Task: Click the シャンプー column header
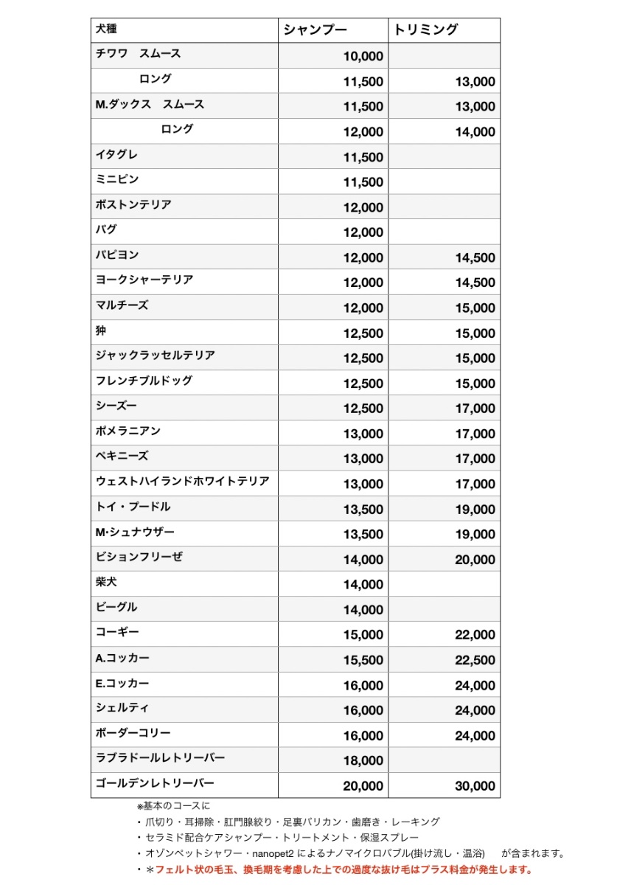click(x=315, y=30)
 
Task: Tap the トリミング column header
click(x=426, y=30)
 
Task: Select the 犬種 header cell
click(x=106, y=29)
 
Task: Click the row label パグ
click(x=106, y=229)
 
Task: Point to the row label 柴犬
click(x=106, y=582)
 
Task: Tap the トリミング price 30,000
click(x=475, y=786)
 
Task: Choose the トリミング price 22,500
click(x=475, y=661)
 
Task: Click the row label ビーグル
click(x=116, y=607)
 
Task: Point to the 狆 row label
click(x=101, y=330)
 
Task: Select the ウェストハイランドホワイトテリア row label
click(x=182, y=482)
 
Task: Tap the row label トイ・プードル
click(x=133, y=507)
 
